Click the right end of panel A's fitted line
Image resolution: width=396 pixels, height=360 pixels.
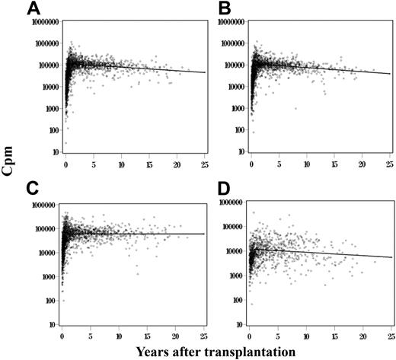click(x=204, y=72)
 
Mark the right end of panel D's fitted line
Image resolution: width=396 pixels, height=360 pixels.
click(x=391, y=257)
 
